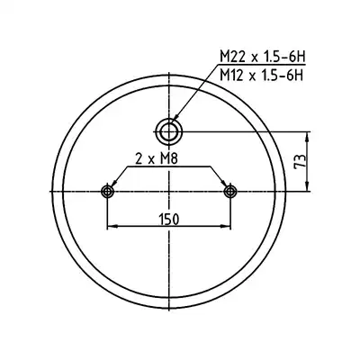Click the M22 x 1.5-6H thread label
tap(260, 56)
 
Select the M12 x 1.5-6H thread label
tap(260, 75)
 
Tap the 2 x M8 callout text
tap(157, 159)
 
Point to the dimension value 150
tap(169, 220)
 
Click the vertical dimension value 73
tap(300, 161)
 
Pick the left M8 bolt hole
tap(107, 191)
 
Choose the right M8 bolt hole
tap(230, 191)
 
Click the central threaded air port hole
tap(170, 131)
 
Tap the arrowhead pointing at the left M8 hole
tap(113, 183)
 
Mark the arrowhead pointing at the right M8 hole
tap(223, 183)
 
